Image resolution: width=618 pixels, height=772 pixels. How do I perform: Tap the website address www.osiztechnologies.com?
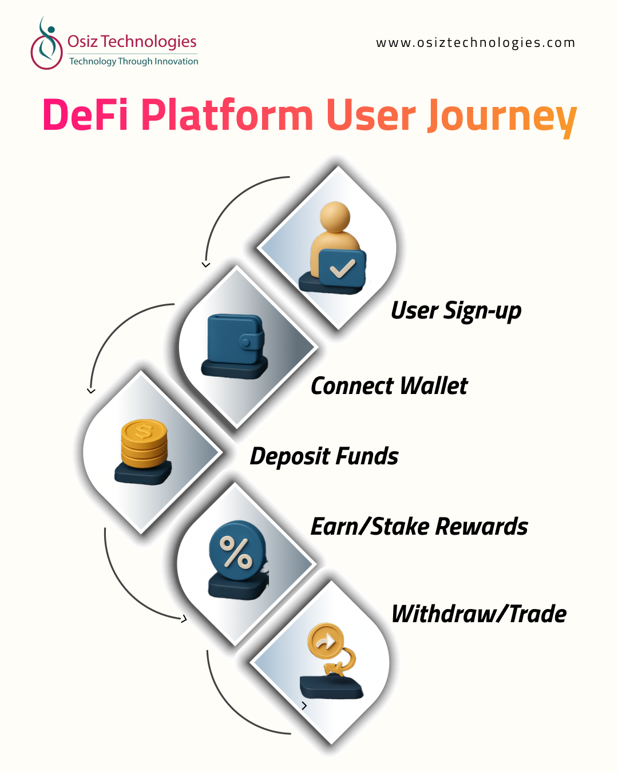[476, 43]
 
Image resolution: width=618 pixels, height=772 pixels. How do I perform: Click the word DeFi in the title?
[85, 116]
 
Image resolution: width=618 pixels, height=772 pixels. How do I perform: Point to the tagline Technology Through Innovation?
[133, 61]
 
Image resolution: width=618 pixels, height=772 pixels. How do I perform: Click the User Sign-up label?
[456, 311]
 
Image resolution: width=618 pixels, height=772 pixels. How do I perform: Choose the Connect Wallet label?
[389, 386]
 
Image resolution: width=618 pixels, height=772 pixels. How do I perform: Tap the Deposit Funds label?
[324, 456]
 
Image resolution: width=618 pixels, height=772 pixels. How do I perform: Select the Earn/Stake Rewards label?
[419, 527]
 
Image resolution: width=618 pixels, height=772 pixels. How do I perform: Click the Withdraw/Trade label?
[479, 614]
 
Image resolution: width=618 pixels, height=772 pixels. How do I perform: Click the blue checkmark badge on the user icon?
[342, 268]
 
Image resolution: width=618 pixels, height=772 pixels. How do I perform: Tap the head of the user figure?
[335, 217]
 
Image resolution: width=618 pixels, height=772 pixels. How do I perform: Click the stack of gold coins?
[144, 443]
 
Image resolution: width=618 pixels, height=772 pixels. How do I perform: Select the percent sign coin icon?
[237, 552]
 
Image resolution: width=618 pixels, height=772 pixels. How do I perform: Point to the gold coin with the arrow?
[326, 642]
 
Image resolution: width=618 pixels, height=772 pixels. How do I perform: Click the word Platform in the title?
[227, 116]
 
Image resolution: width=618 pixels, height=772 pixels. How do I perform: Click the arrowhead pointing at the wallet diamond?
[206, 265]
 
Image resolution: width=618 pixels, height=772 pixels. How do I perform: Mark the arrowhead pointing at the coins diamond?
[91, 391]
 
